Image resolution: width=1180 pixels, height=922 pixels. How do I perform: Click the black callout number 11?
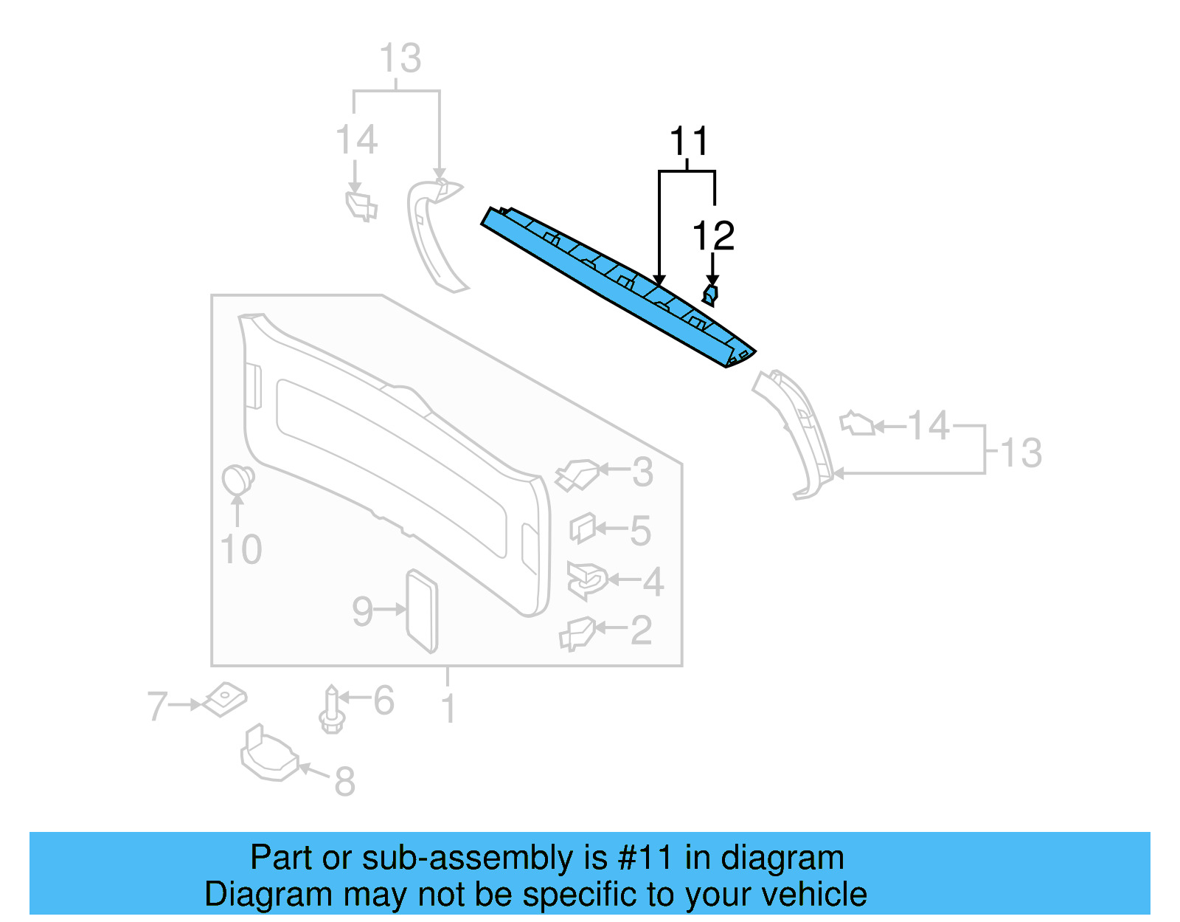coord(689,142)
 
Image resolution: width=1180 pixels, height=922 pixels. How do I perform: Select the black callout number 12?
coord(713,236)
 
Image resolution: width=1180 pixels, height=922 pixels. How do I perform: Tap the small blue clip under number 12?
coord(709,295)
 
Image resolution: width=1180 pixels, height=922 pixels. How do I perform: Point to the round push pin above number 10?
coord(237,480)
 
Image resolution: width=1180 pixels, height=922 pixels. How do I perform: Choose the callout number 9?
coord(362,611)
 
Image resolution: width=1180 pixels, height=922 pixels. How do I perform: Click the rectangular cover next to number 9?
coord(423,611)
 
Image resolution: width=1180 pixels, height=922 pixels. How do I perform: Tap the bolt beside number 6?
coord(331,710)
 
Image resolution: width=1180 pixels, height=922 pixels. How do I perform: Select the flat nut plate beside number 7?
coord(225,698)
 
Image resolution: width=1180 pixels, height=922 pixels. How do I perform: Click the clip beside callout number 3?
coord(577,475)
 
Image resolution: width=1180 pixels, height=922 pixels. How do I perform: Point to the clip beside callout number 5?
coord(582,527)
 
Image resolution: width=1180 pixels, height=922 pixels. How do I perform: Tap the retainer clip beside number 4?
coord(586,580)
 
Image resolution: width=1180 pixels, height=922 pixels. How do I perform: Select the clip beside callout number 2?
coord(577,633)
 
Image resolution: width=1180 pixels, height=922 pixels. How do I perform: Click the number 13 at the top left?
coord(400,58)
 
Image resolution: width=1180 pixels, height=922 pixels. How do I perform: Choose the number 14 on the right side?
coord(928,426)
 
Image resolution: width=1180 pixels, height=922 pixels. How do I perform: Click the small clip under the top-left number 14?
coord(361,206)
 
